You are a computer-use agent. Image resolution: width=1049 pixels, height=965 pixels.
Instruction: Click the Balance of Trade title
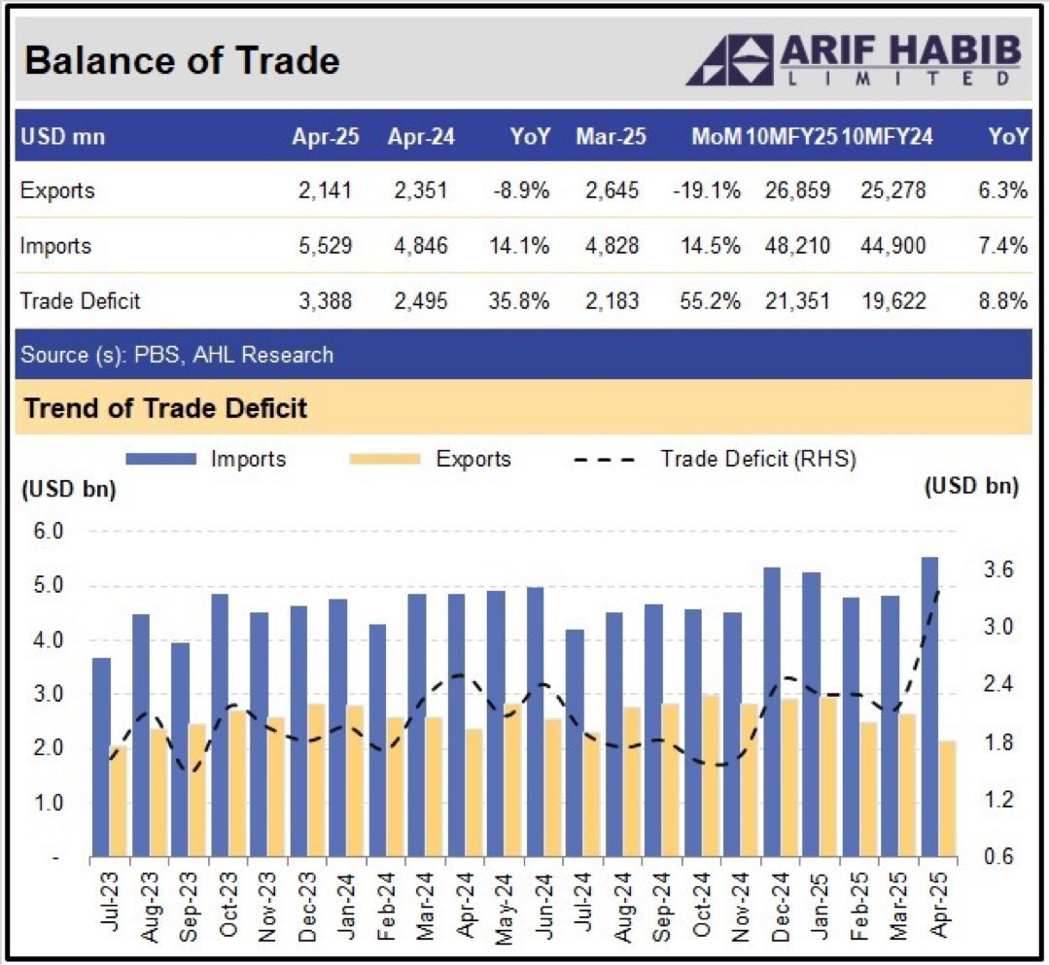pyautogui.click(x=182, y=61)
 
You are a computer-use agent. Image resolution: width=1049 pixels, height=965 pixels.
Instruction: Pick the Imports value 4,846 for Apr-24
pyautogui.click(x=420, y=246)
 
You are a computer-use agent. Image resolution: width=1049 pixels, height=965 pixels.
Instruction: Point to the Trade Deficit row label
pyautogui.click(x=80, y=301)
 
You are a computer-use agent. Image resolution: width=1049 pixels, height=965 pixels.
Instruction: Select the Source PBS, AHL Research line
pyautogui.click(x=176, y=355)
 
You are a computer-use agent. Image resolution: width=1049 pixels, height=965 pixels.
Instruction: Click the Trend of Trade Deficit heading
pyautogui.click(x=165, y=407)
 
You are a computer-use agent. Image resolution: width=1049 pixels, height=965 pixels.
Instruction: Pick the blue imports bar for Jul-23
pyautogui.click(x=101, y=757)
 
